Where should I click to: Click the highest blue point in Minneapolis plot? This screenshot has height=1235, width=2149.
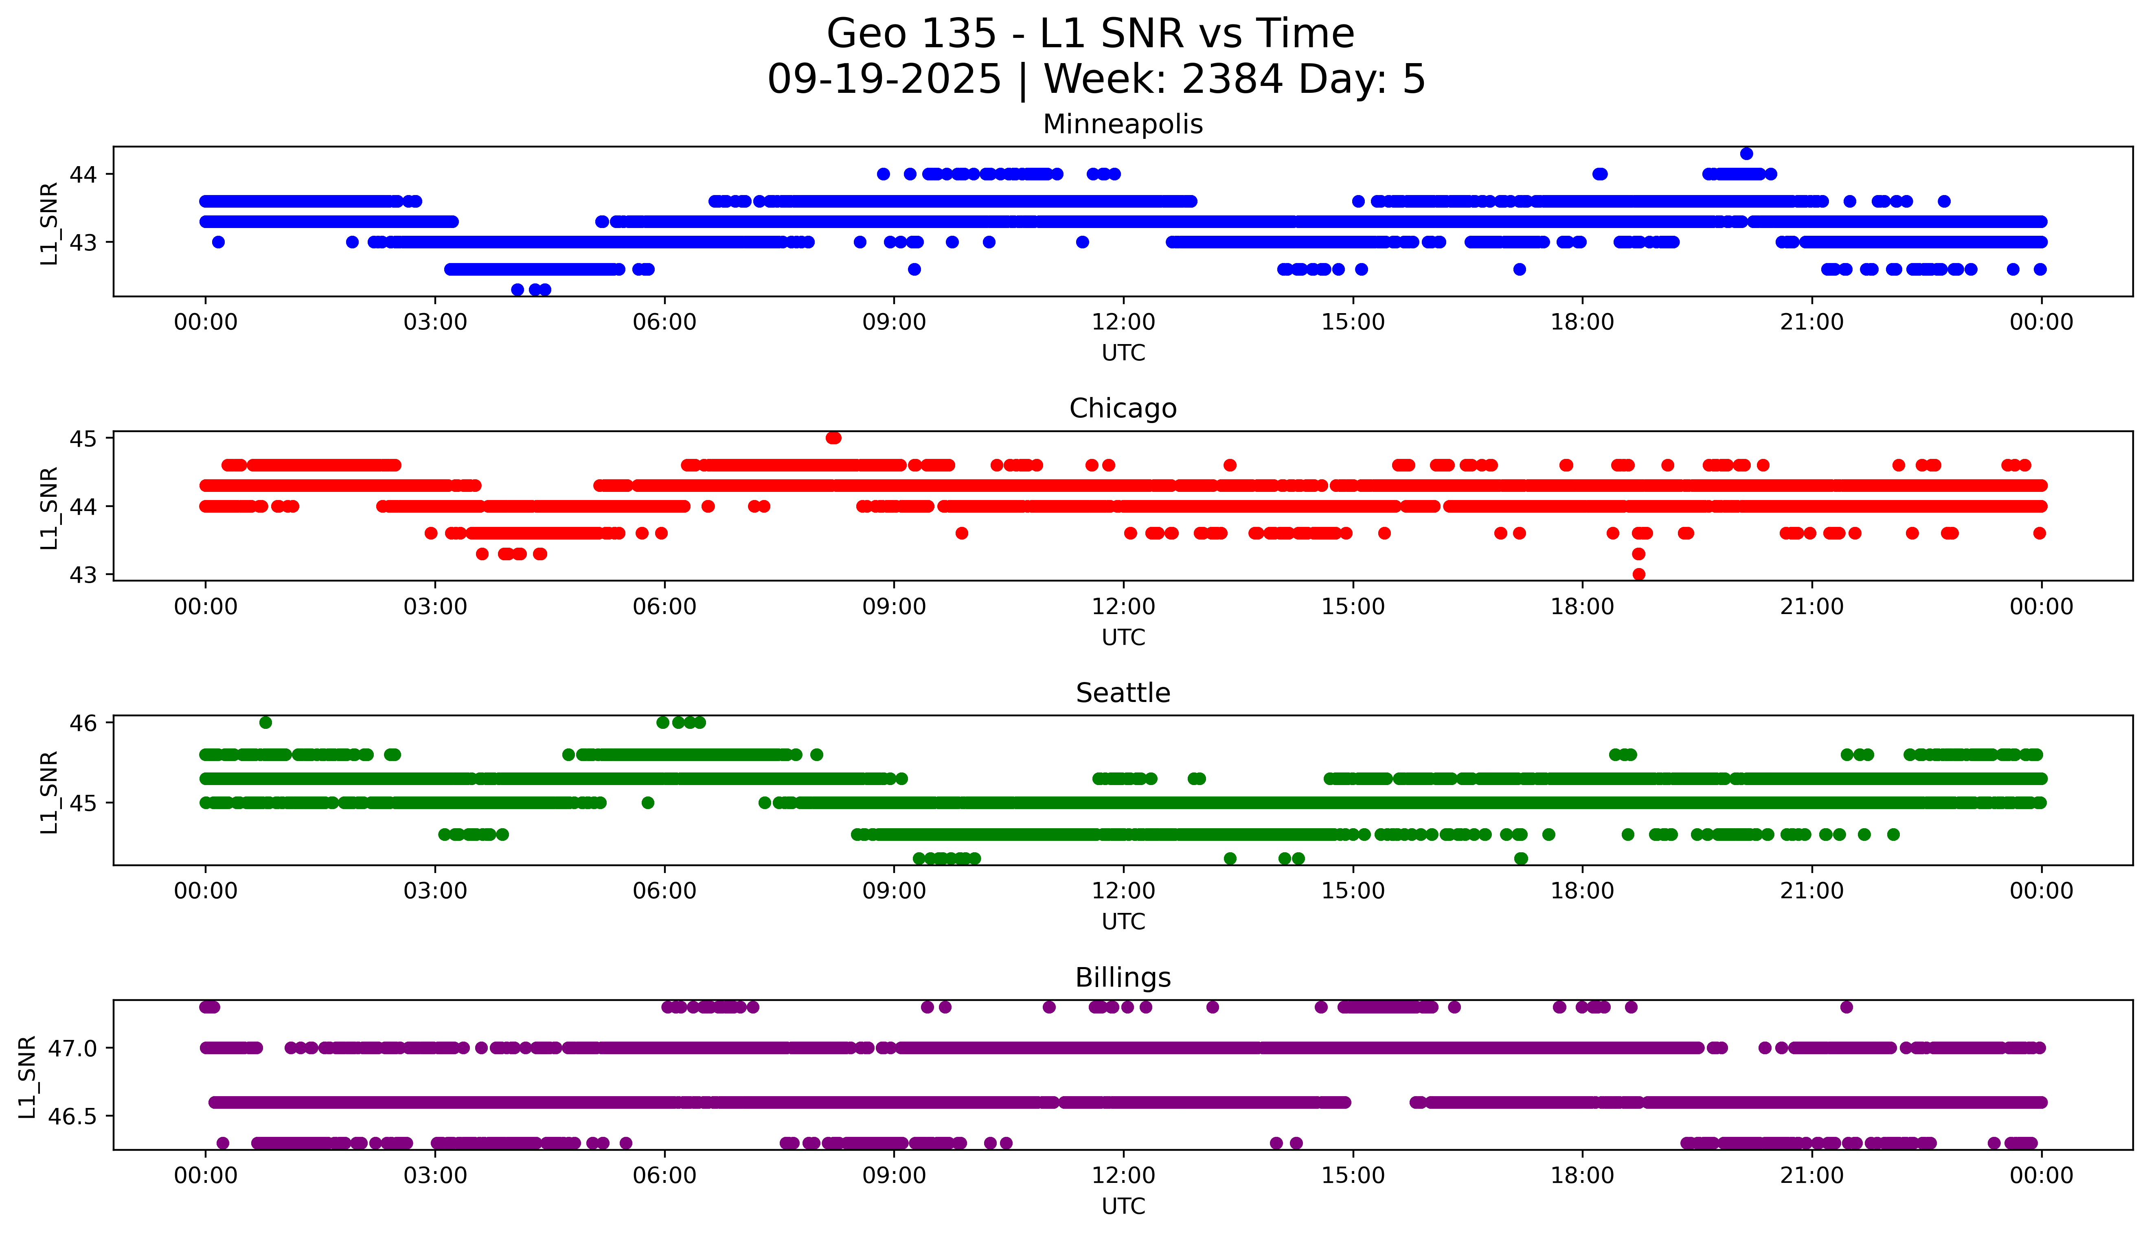click(1746, 154)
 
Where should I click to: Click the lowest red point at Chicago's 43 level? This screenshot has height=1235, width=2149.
click(1638, 574)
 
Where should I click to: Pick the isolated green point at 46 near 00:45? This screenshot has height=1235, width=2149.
click(265, 723)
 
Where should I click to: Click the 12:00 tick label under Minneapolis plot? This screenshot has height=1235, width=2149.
click(1123, 322)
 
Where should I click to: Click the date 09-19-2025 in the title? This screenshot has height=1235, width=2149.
click(884, 80)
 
